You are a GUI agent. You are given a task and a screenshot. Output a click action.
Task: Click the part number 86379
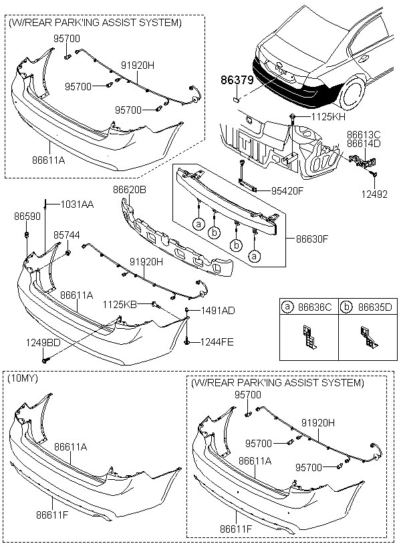[x=237, y=80]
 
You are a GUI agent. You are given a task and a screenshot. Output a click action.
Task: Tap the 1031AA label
[x=77, y=204]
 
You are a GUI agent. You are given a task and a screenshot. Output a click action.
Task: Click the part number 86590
[x=25, y=218]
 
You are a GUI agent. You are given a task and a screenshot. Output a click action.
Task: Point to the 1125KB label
[x=120, y=305]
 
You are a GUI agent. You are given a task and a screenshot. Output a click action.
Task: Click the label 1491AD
[x=218, y=311]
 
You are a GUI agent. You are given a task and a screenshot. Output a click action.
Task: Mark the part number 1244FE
[x=217, y=341]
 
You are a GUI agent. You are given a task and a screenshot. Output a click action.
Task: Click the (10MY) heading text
[x=23, y=378]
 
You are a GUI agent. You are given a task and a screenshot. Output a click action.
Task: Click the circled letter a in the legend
[x=288, y=307]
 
